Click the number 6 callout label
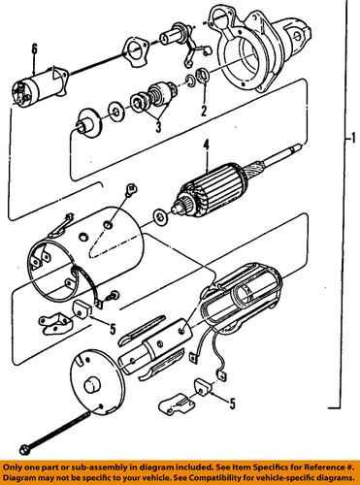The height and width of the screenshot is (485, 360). pos(34,48)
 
